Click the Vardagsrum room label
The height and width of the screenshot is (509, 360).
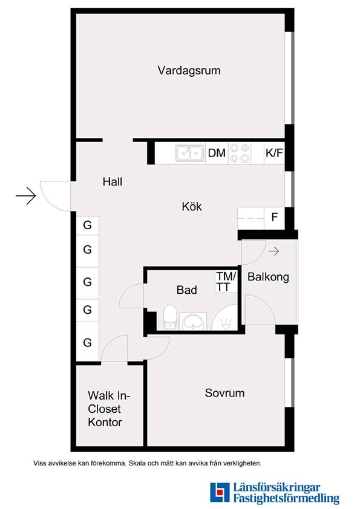[x=189, y=71]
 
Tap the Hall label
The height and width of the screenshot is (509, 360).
[x=113, y=181]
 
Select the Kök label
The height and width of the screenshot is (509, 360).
[x=192, y=206]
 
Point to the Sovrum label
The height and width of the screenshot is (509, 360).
[x=224, y=393]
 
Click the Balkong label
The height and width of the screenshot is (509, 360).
[x=268, y=277]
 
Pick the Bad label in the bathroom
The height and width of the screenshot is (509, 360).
[x=186, y=290]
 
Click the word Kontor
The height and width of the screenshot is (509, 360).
[x=105, y=422]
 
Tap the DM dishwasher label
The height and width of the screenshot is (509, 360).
[x=217, y=152]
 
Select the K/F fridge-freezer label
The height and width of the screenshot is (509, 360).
[x=274, y=152]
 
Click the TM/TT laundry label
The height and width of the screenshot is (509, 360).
[x=226, y=282]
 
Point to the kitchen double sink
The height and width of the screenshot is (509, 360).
[x=190, y=153]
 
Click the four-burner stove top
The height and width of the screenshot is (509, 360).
[x=239, y=153]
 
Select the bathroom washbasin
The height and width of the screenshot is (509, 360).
[x=193, y=322]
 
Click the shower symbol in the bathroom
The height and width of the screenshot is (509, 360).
[x=225, y=317]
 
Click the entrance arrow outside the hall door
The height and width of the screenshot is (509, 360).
[x=25, y=196]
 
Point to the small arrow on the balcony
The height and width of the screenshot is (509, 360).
[x=273, y=251]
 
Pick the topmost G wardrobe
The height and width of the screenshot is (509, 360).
[x=88, y=225]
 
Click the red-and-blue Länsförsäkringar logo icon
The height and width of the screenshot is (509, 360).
[x=220, y=492]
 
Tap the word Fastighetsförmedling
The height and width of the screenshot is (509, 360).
[x=286, y=498]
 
